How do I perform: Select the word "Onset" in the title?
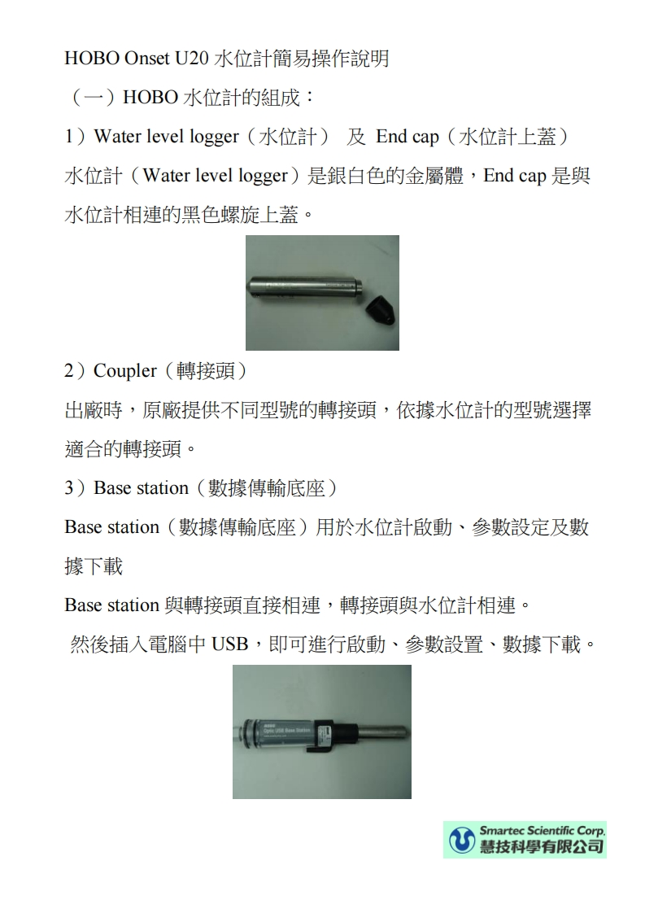tap(144, 59)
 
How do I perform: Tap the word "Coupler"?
tap(124, 371)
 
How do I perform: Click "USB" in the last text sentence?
tap(229, 645)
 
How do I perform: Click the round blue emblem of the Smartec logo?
tap(461, 840)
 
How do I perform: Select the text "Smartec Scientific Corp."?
tap(542, 831)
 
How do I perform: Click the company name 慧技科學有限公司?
tap(542, 847)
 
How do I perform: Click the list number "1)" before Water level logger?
tap(75, 137)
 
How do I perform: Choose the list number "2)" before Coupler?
tap(75, 371)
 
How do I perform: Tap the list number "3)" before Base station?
tap(75, 488)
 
